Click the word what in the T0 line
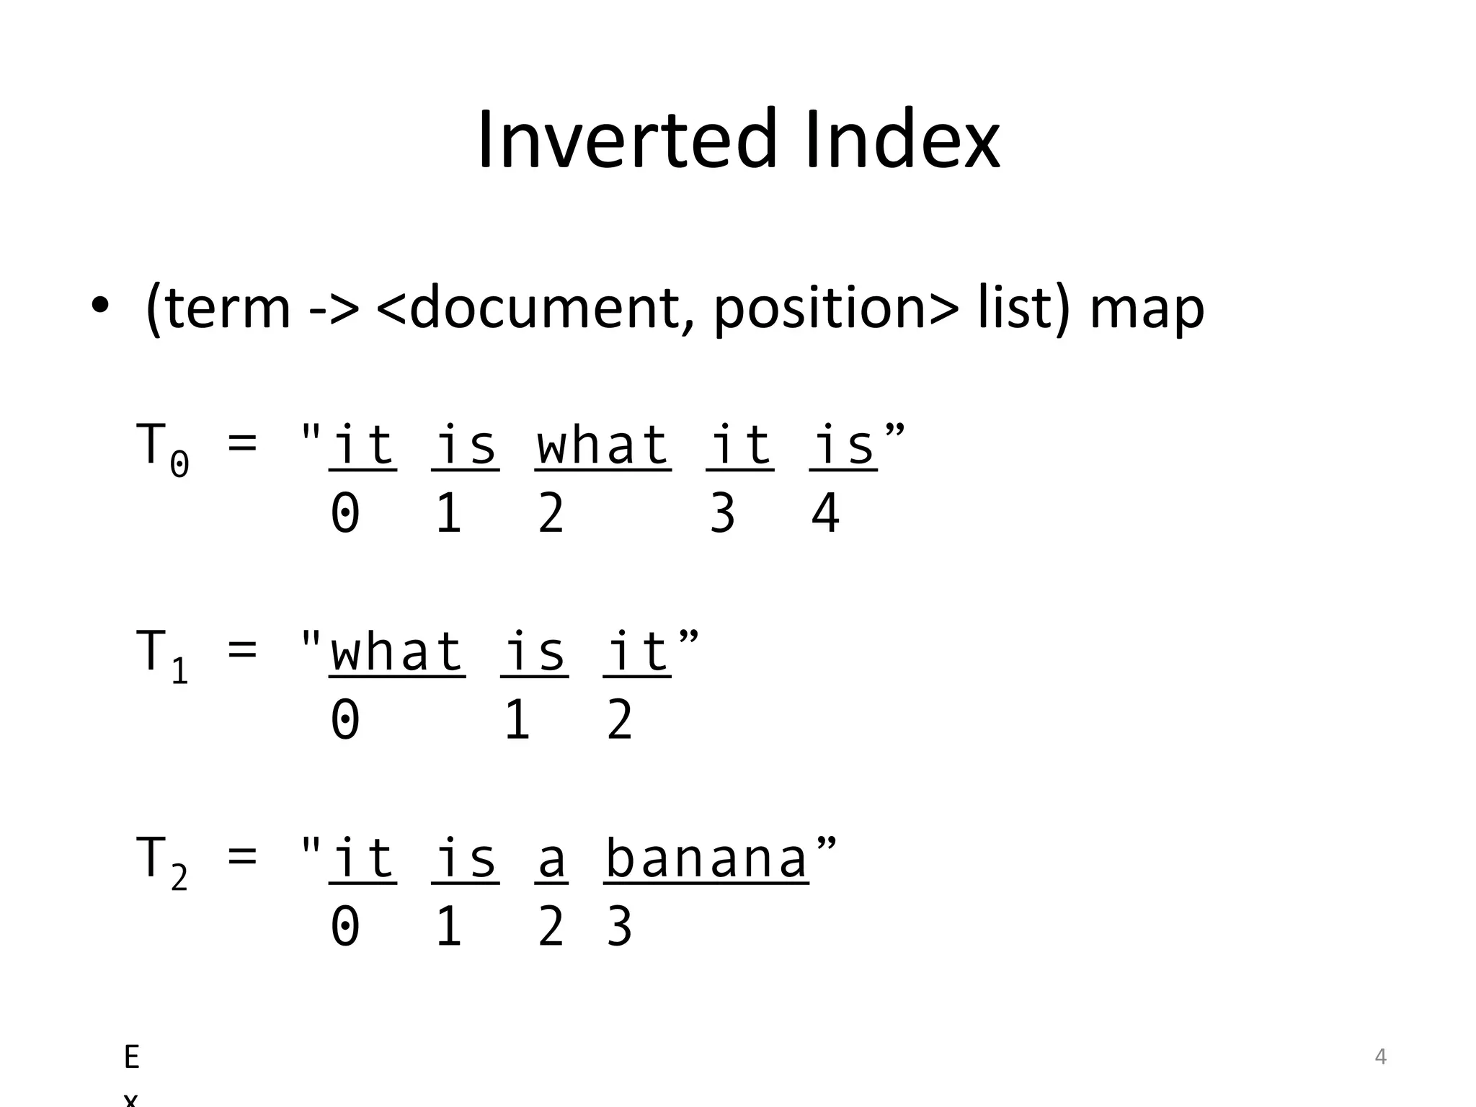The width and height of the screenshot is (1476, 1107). (x=603, y=445)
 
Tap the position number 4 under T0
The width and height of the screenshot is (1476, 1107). (x=825, y=513)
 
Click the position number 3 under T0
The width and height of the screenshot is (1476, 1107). (x=722, y=513)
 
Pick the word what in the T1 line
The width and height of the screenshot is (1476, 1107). (x=396, y=652)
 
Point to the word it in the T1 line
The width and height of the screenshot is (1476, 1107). (x=637, y=652)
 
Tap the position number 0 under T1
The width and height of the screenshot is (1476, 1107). (x=345, y=720)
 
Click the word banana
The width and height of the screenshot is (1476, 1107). (x=706, y=858)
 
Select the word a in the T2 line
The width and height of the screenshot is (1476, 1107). (x=551, y=858)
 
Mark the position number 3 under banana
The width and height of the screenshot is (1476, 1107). (x=619, y=927)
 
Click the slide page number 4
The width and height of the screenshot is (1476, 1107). (x=1380, y=1057)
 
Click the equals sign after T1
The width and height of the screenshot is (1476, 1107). (x=242, y=650)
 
